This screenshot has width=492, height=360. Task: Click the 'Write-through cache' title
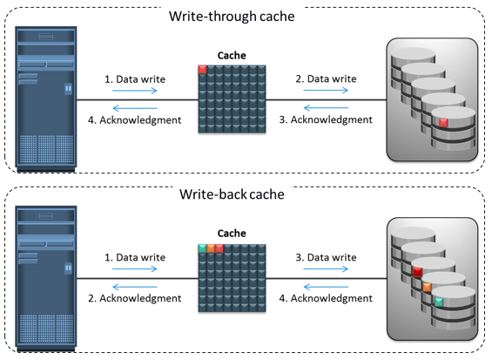(232, 17)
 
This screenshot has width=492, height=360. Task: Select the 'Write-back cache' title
(232, 194)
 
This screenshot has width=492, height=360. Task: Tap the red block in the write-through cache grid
(202, 70)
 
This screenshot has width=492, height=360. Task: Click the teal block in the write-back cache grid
(202, 248)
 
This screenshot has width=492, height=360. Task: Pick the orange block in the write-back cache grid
(211, 248)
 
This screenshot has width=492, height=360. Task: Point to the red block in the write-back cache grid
(219, 248)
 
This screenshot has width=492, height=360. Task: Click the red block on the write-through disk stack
(443, 123)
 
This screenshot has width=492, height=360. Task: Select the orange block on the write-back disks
(427, 287)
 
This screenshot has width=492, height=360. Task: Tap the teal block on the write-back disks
(439, 302)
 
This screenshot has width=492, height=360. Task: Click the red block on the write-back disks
(417, 272)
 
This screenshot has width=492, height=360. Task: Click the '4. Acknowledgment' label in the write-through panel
(135, 120)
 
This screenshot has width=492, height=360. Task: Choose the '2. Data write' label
(326, 78)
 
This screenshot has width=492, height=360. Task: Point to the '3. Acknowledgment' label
(326, 119)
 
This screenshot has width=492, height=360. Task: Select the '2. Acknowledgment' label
(135, 298)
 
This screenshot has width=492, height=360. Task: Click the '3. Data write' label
(326, 257)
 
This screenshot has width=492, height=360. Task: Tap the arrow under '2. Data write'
(326, 91)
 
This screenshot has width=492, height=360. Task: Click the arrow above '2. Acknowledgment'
(135, 287)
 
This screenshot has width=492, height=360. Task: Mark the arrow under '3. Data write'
(326, 268)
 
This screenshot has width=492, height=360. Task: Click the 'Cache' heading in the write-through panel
(232, 56)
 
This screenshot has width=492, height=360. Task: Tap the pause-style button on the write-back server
(68, 268)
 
